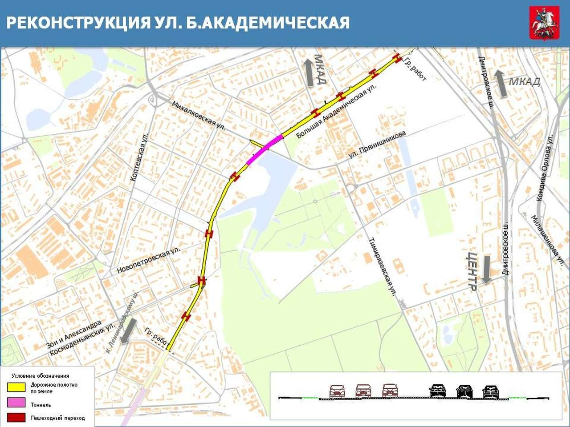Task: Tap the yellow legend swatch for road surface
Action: [x=16, y=387]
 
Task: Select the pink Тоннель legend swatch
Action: [x=16, y=403]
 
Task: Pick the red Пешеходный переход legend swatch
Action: [x=16, y=418]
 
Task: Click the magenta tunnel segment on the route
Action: [x=264, y=150]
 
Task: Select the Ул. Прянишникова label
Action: [x=377, y=145]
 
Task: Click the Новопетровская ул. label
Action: [x=148, y=260]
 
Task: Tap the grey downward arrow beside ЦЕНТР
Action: [x=486, y=270]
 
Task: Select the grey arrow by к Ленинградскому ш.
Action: [x=129, y=331]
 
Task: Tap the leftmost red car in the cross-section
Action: [x=337, y=391]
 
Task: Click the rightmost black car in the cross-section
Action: [x=490, y=391]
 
